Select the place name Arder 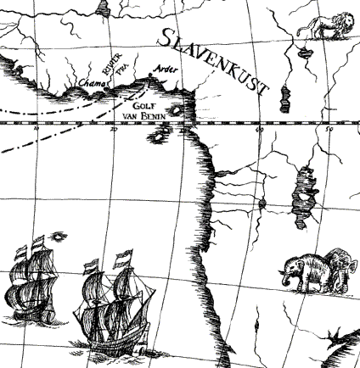point(166,69)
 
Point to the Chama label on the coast point(89,84)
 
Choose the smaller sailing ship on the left point(31,284)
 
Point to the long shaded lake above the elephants point(300,198)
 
